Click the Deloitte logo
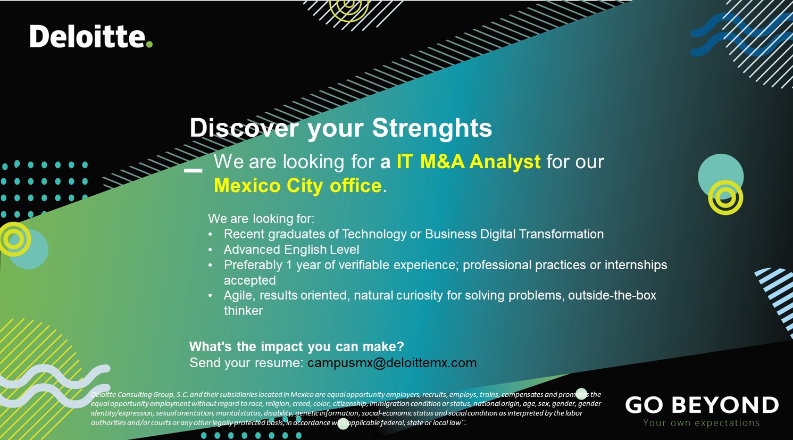[x=91, y=36]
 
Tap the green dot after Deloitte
[x=149, y=44]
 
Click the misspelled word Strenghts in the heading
[x=432, y=128]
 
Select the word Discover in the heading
[x=244, y=128]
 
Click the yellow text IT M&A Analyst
[x=469, y=162]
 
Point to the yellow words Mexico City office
[x=298, y=185]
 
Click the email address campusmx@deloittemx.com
[x=392, y=363]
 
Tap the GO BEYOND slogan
[x=702, y=405]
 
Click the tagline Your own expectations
[x=702, y=422]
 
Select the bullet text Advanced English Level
[x=291, y=250]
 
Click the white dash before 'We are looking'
[x=193, y=170]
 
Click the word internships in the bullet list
[x=636, y=264]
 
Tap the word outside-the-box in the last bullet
[x=612, y=295]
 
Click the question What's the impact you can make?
[x=297, y=346]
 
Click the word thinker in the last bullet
[x=243, y=311]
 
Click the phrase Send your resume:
[x=246, y=363]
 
